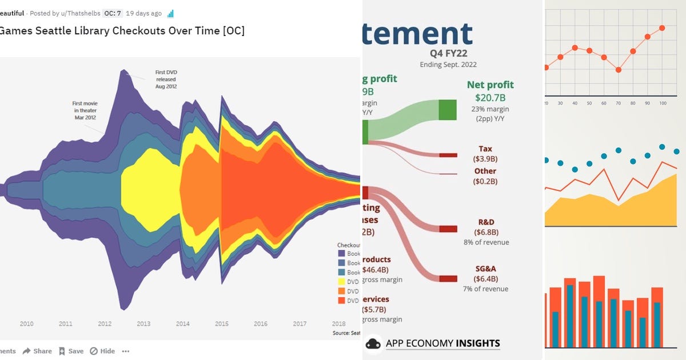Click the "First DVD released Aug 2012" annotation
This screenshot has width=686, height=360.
pyautogui.click(x=166, y=79)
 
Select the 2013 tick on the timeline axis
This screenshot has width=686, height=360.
pyautogui.click(x=143, y=324)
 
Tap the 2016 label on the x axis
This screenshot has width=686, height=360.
pyautogui.click(x=261, y=324)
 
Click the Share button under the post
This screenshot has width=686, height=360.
pyautogui.click(x=37, y=351)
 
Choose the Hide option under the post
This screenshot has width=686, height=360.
pyautogui.click(x=103, y=351)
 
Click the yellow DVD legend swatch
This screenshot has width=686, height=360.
pyautogui.click(x=341, y=282)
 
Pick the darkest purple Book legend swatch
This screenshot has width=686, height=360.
pyautogui.click(x=341, y=254)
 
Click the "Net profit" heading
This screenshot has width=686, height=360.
pyautogui.click(x=490, y=85)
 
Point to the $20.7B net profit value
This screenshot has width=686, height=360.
pyautogui.click(x=490, y=98)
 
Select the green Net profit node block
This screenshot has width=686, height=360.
pyautogui.click(x=448, y=109)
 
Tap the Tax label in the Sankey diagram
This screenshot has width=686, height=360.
pyautogui.click(x=485, y=149)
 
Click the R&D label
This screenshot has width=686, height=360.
pyautogui.click(x=486, y=222)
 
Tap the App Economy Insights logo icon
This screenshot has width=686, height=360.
pyautogui.click(x=373, y=343)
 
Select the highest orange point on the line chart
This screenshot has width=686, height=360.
pyautogui.click(x=662, y=28)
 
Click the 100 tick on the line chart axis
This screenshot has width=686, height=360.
pyautogui.click(x=663, y=103)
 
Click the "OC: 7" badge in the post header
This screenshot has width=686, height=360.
pyautogui.click(x=112, y=13)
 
